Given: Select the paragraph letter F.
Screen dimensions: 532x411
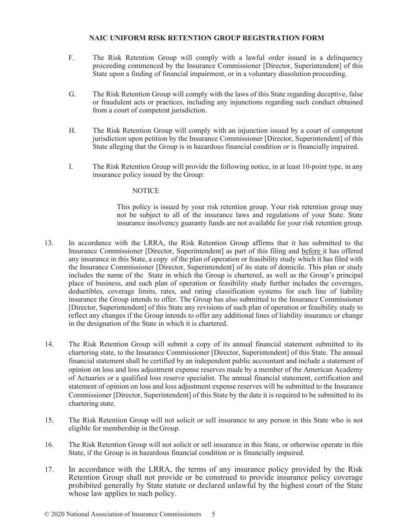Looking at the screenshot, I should pos(71,58).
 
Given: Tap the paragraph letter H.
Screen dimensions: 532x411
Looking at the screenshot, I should pos(72,131).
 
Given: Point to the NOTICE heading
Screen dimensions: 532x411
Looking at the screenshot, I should pos(145,191).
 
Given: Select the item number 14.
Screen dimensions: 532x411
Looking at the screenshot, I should pos(49,344).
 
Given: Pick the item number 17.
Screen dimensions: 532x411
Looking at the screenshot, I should pos(49,470).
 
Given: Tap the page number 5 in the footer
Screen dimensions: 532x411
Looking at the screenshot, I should pos(213,514).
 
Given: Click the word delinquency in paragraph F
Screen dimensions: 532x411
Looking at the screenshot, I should pos(344,58).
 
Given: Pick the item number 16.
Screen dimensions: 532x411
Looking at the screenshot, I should pos(49,445).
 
